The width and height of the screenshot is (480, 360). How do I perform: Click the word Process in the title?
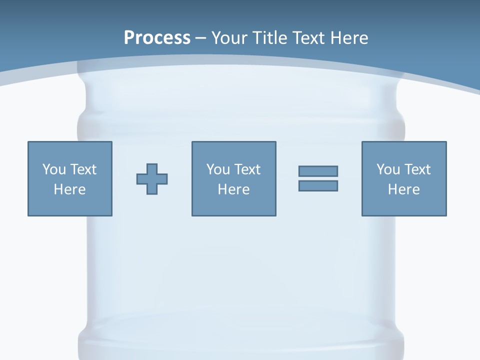click(157, 38)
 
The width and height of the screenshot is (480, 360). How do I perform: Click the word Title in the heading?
click(270, 38)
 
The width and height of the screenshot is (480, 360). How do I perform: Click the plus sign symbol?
click(152, 179)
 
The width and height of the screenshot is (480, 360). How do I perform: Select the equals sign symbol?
click(318, 178)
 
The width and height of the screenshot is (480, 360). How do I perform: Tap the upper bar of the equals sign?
click(318, 171)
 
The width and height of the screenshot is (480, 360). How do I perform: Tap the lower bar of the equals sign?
click(318, 185)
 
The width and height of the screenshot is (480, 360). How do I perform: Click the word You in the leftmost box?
click(54, 169)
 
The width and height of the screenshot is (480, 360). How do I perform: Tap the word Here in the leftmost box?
click(69, 189)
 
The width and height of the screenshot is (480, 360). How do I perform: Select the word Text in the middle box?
click(247, 169)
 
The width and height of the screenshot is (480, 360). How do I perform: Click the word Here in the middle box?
click(233, 189)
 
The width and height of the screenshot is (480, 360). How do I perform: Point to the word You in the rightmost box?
click(388, 169)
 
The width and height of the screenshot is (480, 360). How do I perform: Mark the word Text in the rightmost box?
click(417, 169)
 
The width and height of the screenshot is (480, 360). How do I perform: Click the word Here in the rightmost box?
click(403, 189)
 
